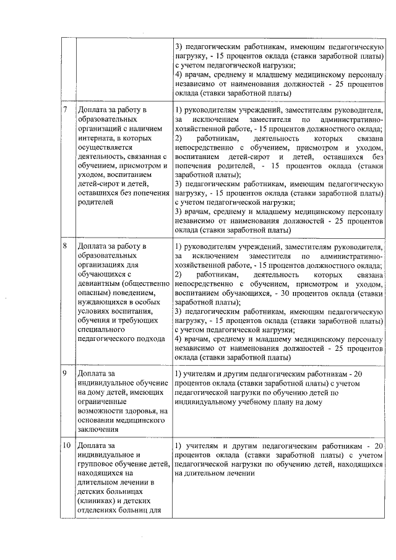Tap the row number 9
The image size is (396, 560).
(66, 374)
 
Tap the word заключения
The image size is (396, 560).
(98, 429)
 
